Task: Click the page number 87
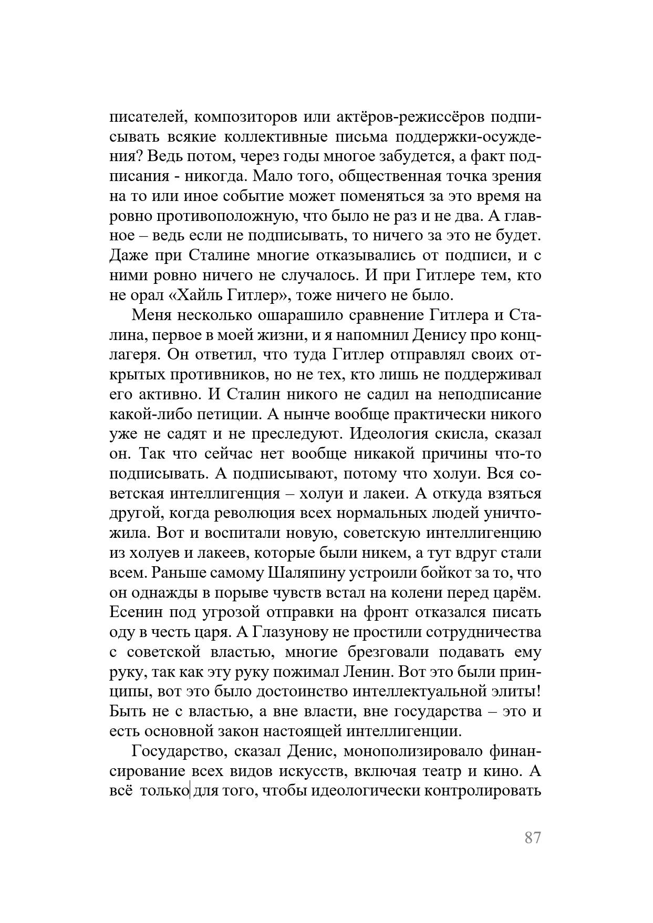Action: coord(532,838)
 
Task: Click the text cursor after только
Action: coord(189,791)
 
